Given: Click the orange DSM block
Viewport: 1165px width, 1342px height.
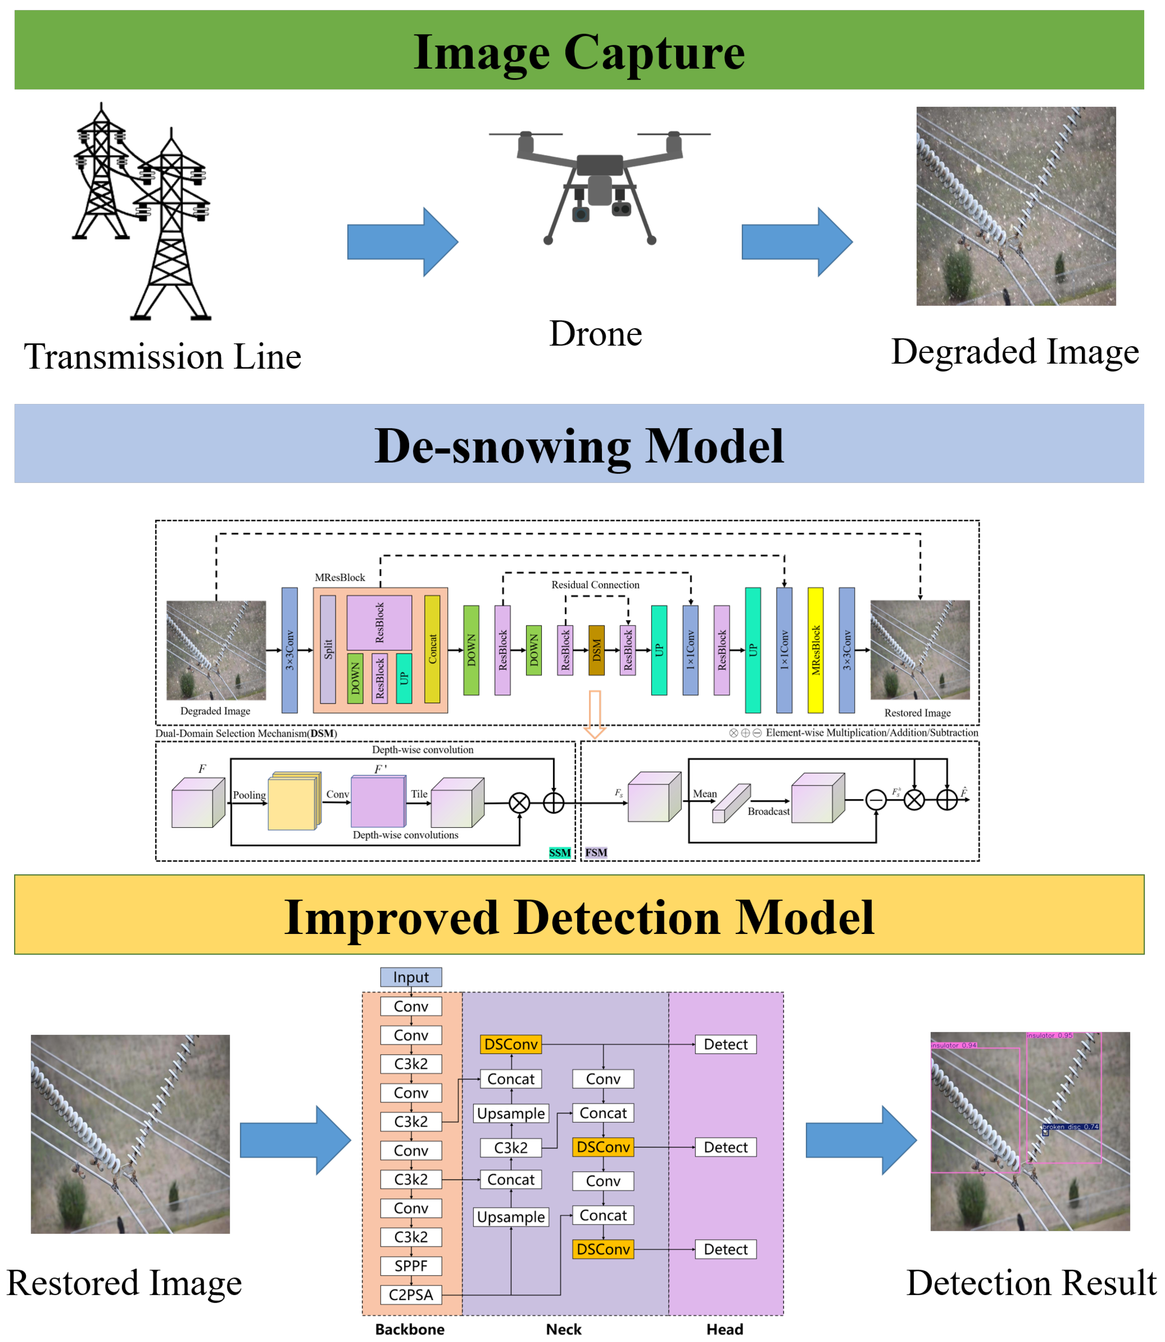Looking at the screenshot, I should pos(596,650).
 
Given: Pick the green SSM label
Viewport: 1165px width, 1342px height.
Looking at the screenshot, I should pos(560,853).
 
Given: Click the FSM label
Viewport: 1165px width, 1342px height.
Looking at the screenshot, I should pos(596,853).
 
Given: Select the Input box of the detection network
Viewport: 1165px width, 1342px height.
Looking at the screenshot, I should pos(411,977).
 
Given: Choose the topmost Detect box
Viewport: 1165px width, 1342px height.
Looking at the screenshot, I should pos(725,1044).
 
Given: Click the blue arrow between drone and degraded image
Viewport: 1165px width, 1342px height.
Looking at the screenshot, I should pos(797,242).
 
